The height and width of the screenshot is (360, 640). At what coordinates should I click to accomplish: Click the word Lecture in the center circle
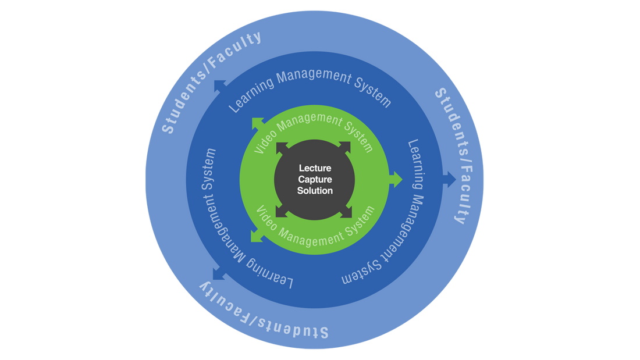pos(315,168)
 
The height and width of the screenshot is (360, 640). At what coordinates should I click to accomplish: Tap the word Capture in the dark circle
pos(315,179)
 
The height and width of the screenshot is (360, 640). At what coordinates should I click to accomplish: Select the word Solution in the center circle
pos(315,191)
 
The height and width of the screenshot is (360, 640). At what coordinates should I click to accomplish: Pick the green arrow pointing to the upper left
pos(257,123)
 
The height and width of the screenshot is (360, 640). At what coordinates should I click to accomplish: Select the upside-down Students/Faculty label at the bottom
pos(265,311)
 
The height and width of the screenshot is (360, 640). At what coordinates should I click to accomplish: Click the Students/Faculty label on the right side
pos(453,156)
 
